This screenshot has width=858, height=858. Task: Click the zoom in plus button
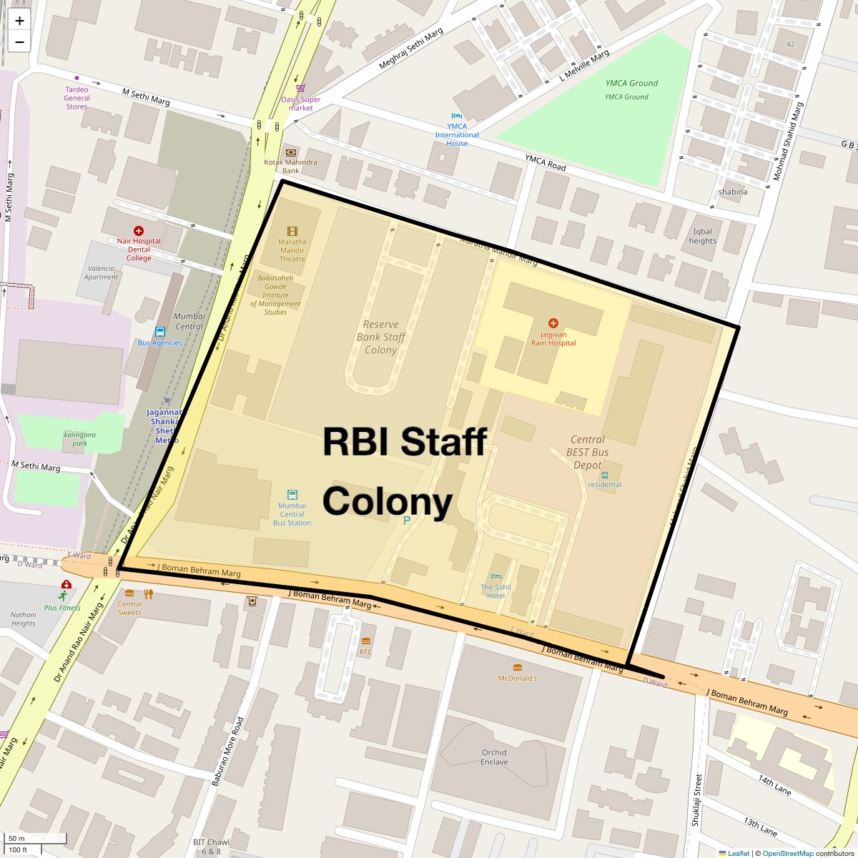(19, 21)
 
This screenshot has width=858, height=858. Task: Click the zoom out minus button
(19, 42)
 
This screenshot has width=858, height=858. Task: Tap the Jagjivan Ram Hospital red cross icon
(553, 323)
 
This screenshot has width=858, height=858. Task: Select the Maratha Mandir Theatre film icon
(292, 231)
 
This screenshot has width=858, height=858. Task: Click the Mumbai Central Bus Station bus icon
(292, 495)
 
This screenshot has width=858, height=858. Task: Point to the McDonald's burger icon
(518, 668)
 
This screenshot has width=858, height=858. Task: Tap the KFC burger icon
(366, 641)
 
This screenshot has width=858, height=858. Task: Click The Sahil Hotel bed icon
(496, 577)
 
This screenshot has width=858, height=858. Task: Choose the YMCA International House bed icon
(457, 116)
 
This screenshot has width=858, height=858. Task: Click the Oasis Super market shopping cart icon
(300, 89)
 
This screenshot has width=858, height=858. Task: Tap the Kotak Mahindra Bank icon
(291, 152)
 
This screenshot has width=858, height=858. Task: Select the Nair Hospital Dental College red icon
(139, 231)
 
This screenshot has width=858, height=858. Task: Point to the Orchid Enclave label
(494, 757)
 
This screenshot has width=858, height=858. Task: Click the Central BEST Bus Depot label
(587, 453)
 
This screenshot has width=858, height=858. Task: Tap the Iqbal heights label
(703, 236)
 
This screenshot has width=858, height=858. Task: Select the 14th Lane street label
(775, 784)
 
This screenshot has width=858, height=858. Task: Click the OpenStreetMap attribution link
(787, 853)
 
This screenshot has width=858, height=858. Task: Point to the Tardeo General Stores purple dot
(77, 78)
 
